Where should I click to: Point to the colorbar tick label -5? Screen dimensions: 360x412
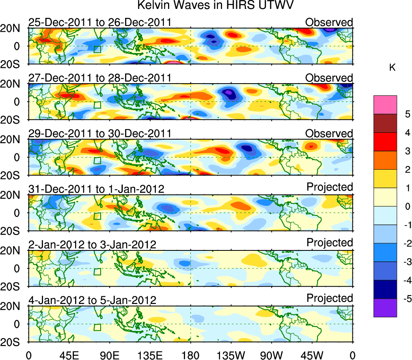[x=404, y=299]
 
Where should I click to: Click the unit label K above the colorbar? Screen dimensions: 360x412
[x=392, y=68]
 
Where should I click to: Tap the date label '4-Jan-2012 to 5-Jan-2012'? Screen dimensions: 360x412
[x=93, y=300]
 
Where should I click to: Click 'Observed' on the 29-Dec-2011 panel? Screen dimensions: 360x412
[x=329, y=134]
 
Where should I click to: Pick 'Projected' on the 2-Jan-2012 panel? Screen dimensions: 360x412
[x=330, y=243]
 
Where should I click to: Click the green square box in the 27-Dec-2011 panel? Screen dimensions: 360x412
[x=97, y=105]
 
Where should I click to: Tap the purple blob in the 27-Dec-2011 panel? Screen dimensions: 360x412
[x=230, y=93]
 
